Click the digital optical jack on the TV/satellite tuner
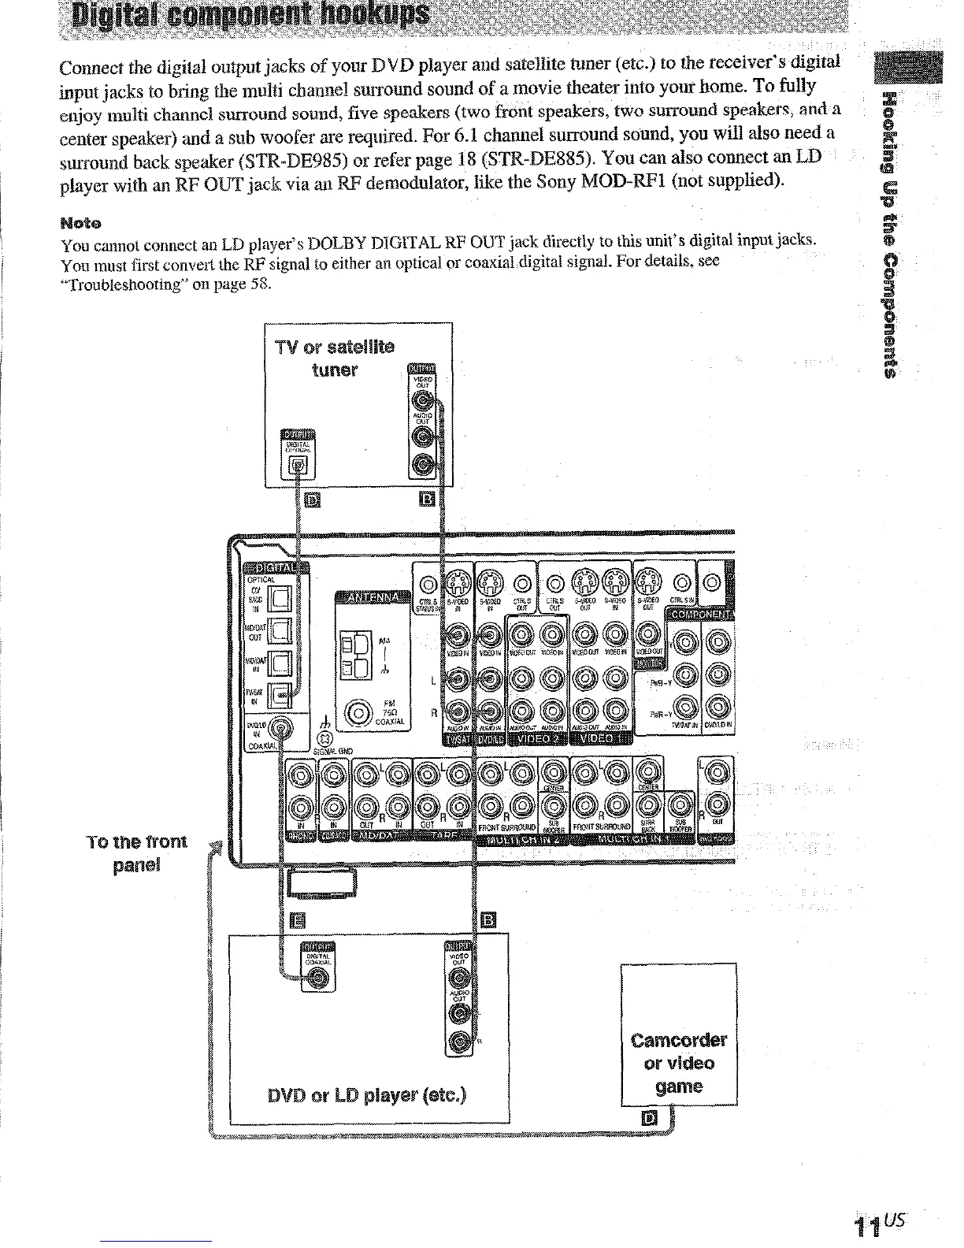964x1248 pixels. tap(298, 466)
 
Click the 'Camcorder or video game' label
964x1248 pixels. tap(679, 1063)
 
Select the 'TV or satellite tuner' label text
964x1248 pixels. tap(335, 358)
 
